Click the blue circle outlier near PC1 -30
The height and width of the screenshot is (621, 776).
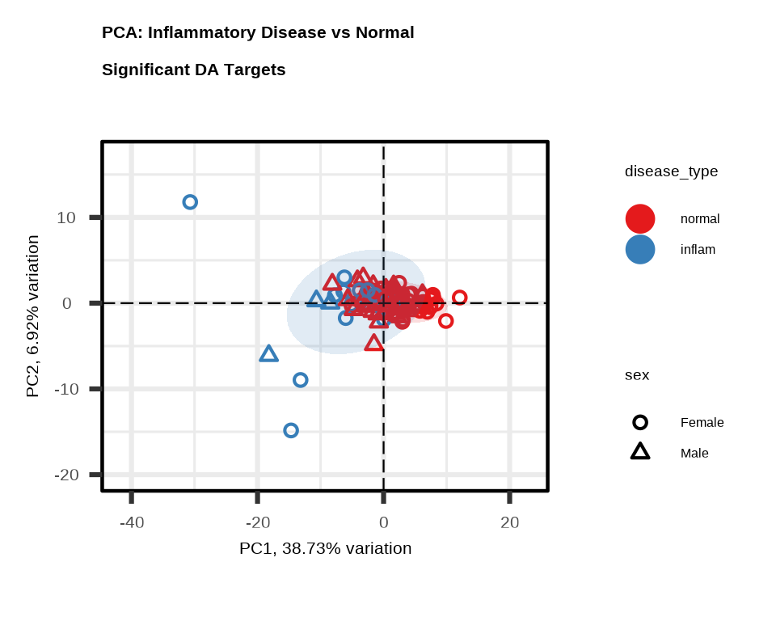pos(190,202)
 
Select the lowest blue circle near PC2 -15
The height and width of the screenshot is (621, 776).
pos(291,430)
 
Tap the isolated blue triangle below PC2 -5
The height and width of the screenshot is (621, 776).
pos(269,354)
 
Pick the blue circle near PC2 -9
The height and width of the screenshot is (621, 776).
pos(301,380)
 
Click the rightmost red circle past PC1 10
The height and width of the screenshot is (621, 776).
pos(460,298)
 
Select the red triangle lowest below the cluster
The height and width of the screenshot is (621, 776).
pos(373,343)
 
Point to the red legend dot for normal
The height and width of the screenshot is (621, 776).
pos(640,218)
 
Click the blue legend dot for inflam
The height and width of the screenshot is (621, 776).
pos(640,249)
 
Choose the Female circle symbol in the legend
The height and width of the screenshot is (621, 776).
pos(640,422)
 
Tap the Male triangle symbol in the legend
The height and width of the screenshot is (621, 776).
pos(640,452)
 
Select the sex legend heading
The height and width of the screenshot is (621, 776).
pos(637,375)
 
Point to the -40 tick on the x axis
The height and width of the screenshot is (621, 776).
pos(132,523)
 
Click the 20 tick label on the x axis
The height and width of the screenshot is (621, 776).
pos(509,523)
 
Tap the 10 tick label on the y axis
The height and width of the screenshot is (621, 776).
pos(66,218)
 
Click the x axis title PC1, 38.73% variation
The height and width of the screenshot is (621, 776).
pos(325,548)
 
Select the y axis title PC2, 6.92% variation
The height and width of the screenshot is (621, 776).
pos(32,316)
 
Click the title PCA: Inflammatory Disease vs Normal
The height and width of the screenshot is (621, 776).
pos(258,33)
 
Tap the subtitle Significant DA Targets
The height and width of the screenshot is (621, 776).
pos(194,70)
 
